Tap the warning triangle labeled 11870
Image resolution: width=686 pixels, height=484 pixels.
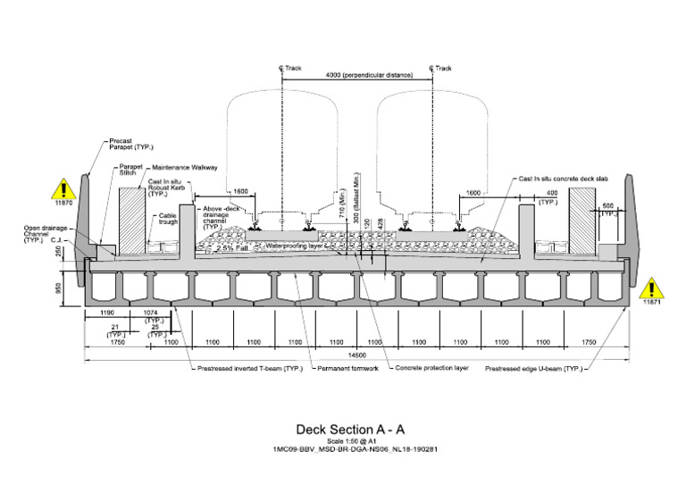pos(63,189)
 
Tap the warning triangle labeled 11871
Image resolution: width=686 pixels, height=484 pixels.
pos(651,288)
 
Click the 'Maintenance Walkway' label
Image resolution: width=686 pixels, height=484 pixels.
pos(183,166)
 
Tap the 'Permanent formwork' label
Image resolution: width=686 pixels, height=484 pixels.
pos(346,367)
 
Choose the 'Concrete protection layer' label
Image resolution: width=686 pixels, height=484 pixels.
pos(432,367)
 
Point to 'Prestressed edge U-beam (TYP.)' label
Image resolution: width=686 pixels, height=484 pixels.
pos(533,367)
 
